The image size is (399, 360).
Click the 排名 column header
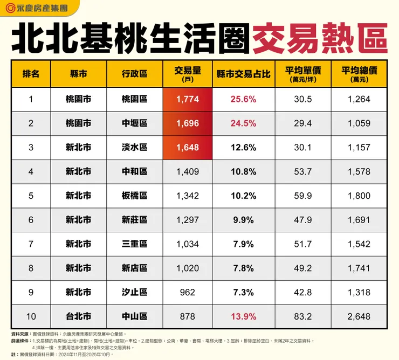pos(31,74)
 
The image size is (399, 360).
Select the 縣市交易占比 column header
pos(243,74)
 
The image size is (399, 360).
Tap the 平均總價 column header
pos(359,74)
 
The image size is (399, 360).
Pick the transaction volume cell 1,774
pos(187,99)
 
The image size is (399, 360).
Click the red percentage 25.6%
pos(243,99)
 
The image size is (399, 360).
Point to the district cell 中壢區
pos(134,123)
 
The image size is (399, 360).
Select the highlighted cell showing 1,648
pos(187,148)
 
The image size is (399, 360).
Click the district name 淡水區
pos(134,148)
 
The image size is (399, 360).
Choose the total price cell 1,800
pos(359,196)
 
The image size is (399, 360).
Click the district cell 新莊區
pos(134,220)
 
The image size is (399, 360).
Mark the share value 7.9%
pos(243,244)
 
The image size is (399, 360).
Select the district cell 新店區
pos(134,268)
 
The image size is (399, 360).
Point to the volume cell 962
pos(187,293)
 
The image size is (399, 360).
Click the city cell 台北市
pos(78,317)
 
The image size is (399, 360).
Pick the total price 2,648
pos(359,317)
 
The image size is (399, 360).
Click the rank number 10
pos(31,317)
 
